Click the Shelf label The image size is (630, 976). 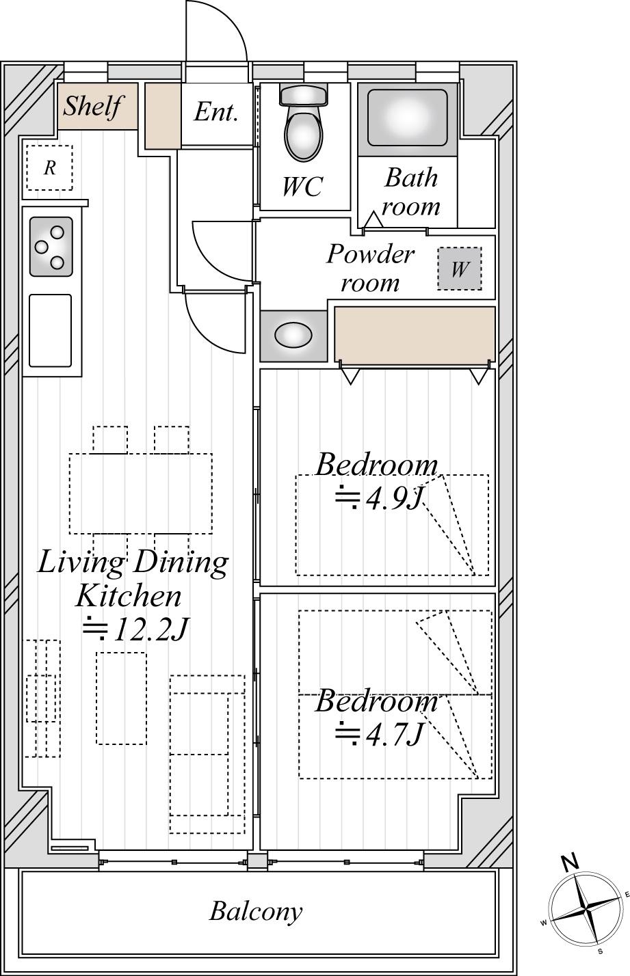(x=92, y=105)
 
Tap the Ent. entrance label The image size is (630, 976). (x=216, y=111)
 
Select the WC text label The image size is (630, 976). (x=302, y=187)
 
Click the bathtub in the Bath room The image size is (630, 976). (x=407, y=118)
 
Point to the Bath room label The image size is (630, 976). (x=410, y=191)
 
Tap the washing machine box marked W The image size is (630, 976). (x=460, y=269)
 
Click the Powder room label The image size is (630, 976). (x=370, y=267)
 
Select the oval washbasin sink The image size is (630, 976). (x=293, y=335)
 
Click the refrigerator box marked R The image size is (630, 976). (x=49, y=167)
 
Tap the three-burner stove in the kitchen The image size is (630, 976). (x=51, y=247)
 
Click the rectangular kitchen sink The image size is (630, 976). (x=50, y=330)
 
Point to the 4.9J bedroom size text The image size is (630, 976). (x=379, y=497)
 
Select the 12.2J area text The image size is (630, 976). (x=135, y=629)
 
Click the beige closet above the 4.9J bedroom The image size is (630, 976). (x=415, y=335)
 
